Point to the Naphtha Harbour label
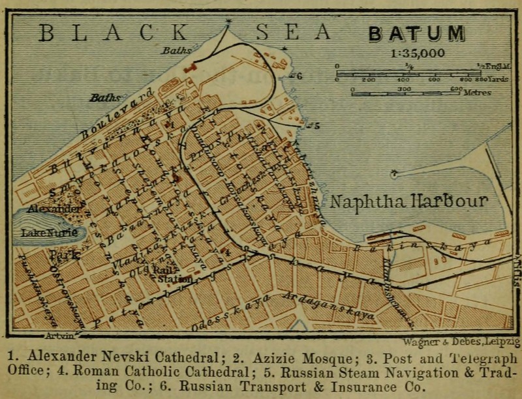coord(408,201)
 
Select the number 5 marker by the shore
coord(316,125)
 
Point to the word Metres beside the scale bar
coord(477,93)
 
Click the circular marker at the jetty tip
coord(393,174)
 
